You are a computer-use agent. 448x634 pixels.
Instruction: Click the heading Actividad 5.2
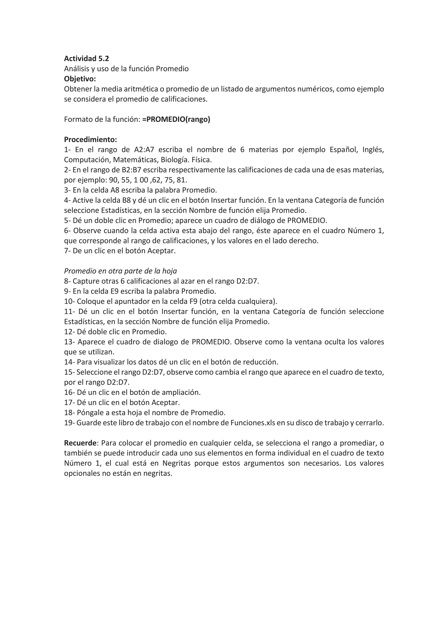pos(86,58)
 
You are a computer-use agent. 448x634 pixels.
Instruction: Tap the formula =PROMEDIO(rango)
pos(176,119)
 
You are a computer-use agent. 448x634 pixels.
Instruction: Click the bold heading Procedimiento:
pos(91,139)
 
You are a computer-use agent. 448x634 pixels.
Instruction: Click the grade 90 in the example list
pos(113,180)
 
